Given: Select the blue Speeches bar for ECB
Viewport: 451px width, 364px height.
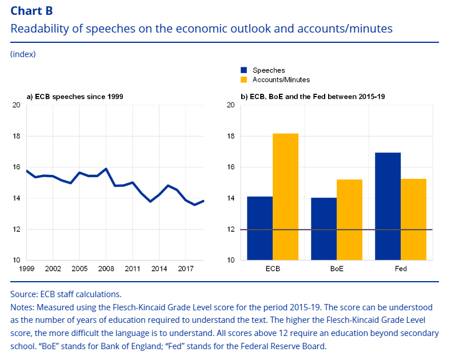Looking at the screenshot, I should coord(260,228).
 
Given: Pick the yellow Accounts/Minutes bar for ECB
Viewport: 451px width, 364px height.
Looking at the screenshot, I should coord(285,197).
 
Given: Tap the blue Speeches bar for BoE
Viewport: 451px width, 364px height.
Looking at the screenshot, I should coord(324,229).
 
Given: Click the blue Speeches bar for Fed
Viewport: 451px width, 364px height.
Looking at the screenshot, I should coord(388,206).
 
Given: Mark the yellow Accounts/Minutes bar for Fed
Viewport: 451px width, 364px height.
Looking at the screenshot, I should coord(413,219).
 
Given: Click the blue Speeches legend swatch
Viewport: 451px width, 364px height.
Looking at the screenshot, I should coord(244,70).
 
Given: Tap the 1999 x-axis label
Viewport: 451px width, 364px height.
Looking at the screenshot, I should coord(26,268).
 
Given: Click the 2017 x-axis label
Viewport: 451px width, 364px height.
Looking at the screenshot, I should coord(185,268).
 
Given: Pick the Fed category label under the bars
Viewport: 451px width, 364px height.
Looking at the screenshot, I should coord(401,268).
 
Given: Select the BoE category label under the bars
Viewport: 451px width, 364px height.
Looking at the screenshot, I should coord(337,268).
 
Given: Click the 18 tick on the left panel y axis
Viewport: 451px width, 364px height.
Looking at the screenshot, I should coord(16,136).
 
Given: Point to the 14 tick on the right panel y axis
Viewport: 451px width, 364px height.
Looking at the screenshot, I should coord(230,198).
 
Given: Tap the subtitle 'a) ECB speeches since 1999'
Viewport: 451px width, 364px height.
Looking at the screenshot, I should coord(75,97).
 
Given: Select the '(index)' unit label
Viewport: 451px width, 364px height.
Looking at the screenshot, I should coord(23,54).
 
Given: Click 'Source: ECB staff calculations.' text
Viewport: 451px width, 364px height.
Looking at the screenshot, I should coord(66,294).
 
